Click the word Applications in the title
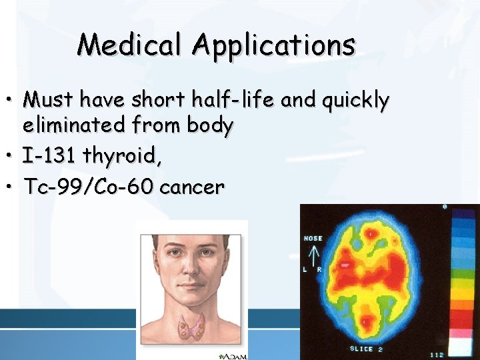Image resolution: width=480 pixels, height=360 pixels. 274,45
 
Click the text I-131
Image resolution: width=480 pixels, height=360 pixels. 49,157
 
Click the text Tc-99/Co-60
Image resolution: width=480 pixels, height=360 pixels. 87,187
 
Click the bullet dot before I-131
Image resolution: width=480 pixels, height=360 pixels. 13,157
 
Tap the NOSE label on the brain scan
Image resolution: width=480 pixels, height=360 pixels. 313,238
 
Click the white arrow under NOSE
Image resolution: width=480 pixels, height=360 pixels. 313,255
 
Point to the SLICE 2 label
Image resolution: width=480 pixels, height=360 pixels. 365,349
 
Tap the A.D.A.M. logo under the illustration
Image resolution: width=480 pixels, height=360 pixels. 235,356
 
